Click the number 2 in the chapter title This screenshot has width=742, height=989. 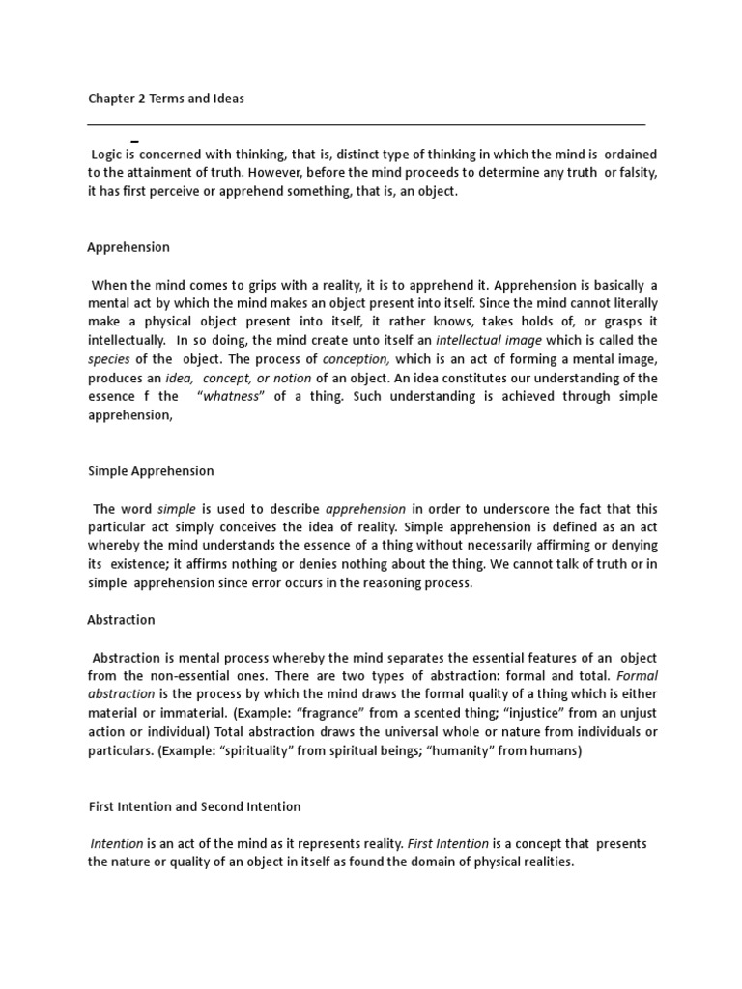coord(141,99)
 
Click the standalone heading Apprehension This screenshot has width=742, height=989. coord(128,247)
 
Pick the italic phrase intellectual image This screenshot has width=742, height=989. coord(482,340)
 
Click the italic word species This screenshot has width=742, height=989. coord(109,358)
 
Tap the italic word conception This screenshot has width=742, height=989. coord(356,358)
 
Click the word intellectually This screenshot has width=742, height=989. coord(125,340)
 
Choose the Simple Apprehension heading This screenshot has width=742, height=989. coord(151,471)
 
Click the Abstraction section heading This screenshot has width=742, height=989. coord(122,620)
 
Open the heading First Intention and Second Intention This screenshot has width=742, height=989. coord(194,806)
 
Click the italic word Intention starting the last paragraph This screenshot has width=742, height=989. coord(117,843)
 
